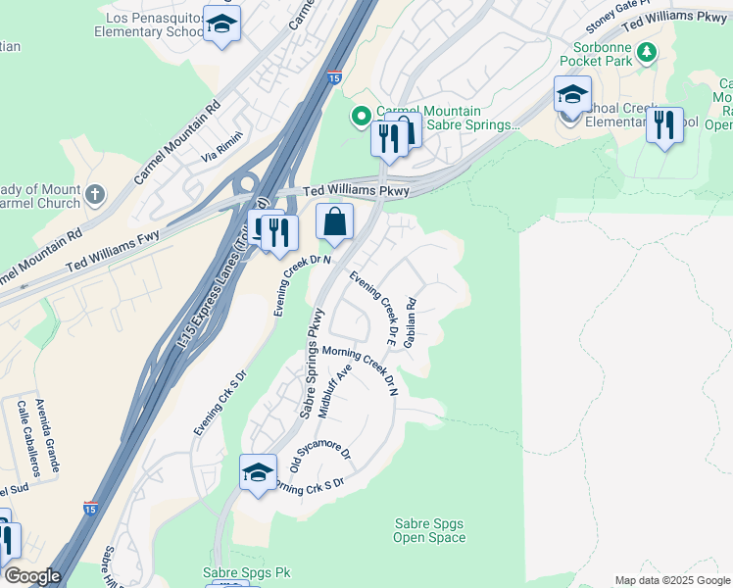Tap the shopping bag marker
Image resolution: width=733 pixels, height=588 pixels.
335,222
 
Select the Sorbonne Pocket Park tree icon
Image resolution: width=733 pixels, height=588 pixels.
646,51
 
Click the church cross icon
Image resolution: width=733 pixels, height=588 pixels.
94,195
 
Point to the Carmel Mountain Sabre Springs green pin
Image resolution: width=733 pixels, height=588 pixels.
362,118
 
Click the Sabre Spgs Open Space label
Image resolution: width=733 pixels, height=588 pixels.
429,530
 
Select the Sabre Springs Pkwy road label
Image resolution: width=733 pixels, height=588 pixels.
312,365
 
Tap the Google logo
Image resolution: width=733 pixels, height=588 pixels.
32,576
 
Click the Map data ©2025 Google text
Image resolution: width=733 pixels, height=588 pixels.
671,580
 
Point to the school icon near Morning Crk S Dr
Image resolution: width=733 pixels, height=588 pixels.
258,472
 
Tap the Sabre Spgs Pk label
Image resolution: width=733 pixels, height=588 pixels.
247,571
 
